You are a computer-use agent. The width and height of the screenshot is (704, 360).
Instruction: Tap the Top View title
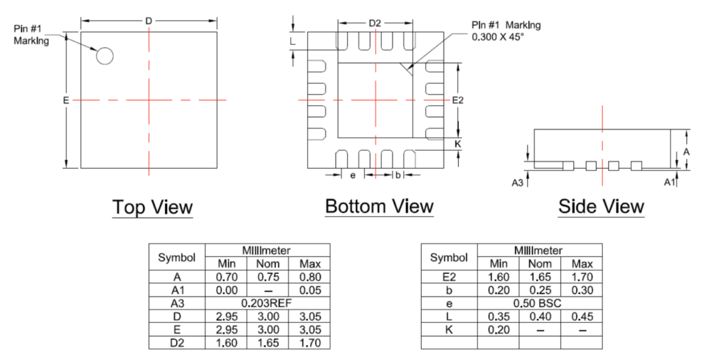click(153, 207)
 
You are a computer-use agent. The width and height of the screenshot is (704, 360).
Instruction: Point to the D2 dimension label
click(374, 23)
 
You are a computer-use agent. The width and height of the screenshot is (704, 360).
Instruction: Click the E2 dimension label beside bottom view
click(458, 100)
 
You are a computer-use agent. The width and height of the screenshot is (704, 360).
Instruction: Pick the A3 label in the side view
click(518, 183)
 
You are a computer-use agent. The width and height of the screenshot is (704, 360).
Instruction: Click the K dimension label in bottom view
click(458, 143)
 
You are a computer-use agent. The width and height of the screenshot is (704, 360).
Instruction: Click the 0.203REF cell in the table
click(267, 303)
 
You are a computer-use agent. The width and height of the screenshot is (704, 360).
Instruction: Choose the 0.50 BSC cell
click(539, 303)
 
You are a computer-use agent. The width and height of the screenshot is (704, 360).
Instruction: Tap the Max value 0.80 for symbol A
click(310, 277)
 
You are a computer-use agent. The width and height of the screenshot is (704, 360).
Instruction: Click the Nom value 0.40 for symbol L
click(539, 316)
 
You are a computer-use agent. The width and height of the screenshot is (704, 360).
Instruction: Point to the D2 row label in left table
click(177, 342)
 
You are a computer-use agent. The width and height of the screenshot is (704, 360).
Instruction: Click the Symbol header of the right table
click(449, 257)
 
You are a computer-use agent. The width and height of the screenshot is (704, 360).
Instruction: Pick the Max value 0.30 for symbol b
click(581, 290)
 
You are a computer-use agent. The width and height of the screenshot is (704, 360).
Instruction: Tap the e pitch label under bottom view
click(353, 175)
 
